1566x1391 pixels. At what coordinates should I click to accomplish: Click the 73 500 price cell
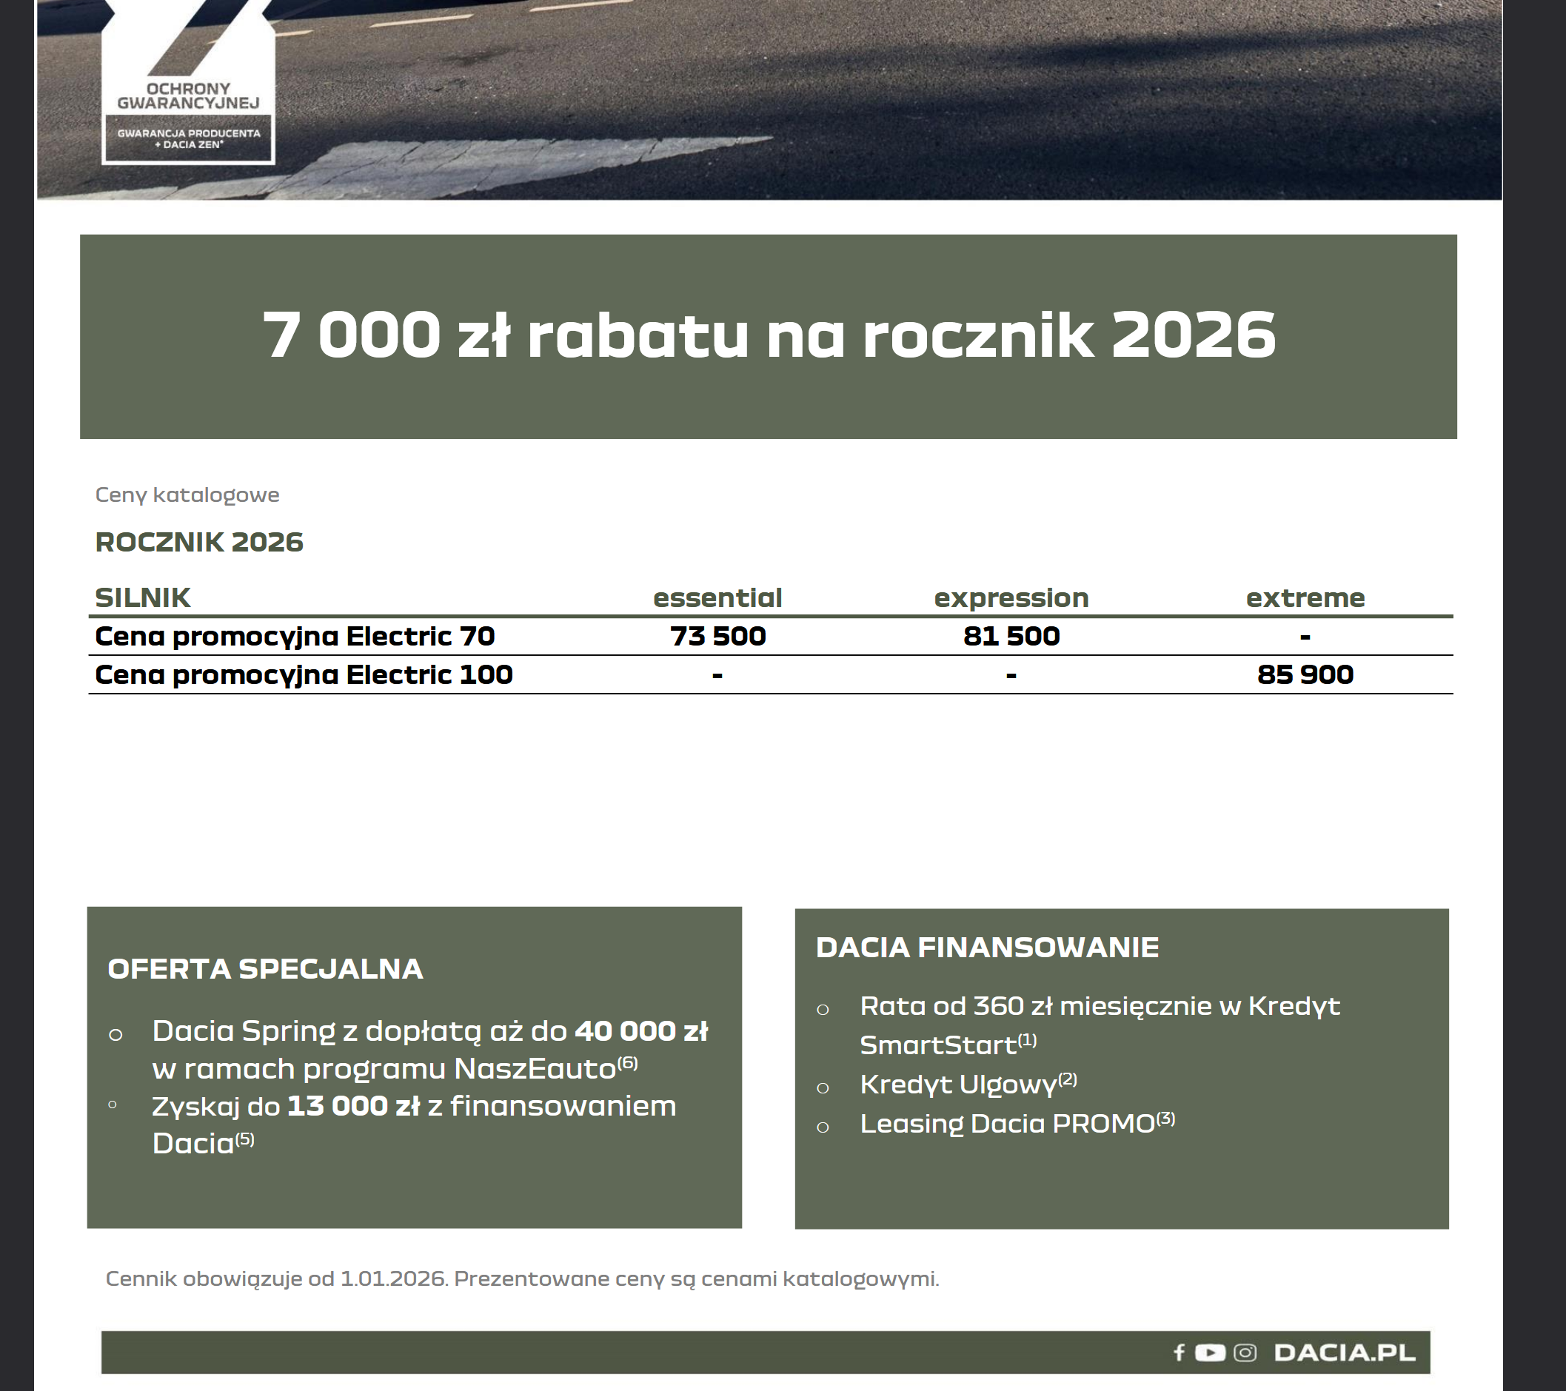pyautogui.click(x=717, y=637)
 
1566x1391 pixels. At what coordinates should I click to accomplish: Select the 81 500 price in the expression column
pyautogui.click(x=1011, y=637)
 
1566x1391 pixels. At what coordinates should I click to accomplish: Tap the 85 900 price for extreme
pyautogui.click(x=1305, y=675)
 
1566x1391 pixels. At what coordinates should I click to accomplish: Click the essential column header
pyautogui.click(x=717, y=598)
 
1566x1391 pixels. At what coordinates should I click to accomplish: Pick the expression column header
pyautogui.click(x=1011, y=598)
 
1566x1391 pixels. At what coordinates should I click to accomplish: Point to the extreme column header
pyautogui.click(x=1305, y=598)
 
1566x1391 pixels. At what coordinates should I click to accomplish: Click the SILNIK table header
pyautogui.click(x=142, y=598)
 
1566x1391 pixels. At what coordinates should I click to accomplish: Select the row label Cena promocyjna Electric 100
pyautogui.click(x=304, y=675)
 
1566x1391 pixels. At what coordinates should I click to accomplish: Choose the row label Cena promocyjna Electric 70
pyautogui.click(x=295, y=637)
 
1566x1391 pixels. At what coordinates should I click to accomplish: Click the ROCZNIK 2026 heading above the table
pyautogui.click(x=199, y=543)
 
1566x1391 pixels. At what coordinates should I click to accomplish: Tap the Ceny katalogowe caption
pyautogui.click(x=187, y=495)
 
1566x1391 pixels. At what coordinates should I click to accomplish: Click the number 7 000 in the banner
pyautogui.click(x=352, y=335)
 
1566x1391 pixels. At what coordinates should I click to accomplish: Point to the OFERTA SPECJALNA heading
pyautogui.click(x=265, y=969)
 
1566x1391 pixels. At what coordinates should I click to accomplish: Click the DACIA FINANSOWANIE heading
pyautogui.click(x=987, y=948)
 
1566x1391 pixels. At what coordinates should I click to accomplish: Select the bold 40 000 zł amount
pyautogui.click(x=641, y=1031)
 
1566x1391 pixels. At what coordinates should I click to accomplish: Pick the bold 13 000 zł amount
pyautogui.click(x=353, y=1106)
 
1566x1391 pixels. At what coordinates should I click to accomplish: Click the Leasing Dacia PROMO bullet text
pyautogui.click(x=1008, y=1124)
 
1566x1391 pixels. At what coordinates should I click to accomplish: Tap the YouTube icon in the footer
pyautogui.click(x=1210, y=1353)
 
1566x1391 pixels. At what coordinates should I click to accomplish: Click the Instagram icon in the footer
pyautogui.click(x=1245, y=1353)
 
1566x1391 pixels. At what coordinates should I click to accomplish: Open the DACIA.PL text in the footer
pyautogui.click(x=1345, y=1353)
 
